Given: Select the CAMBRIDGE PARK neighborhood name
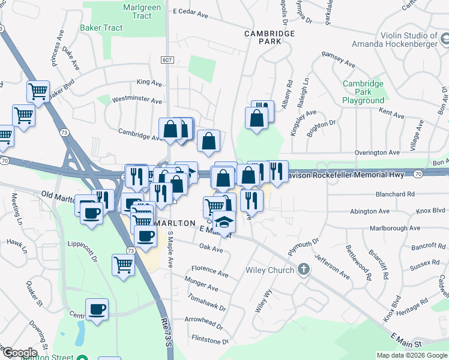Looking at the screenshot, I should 270,38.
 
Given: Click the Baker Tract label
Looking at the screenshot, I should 101,28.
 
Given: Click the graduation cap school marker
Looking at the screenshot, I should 224,223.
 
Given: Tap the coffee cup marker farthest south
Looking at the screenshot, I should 97,310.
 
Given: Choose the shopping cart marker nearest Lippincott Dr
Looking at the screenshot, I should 123,263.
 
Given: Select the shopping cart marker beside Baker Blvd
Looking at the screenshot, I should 38,92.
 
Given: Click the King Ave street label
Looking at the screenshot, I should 149,82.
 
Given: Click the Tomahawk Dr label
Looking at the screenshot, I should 206,308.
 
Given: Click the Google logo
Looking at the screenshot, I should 20,352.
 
